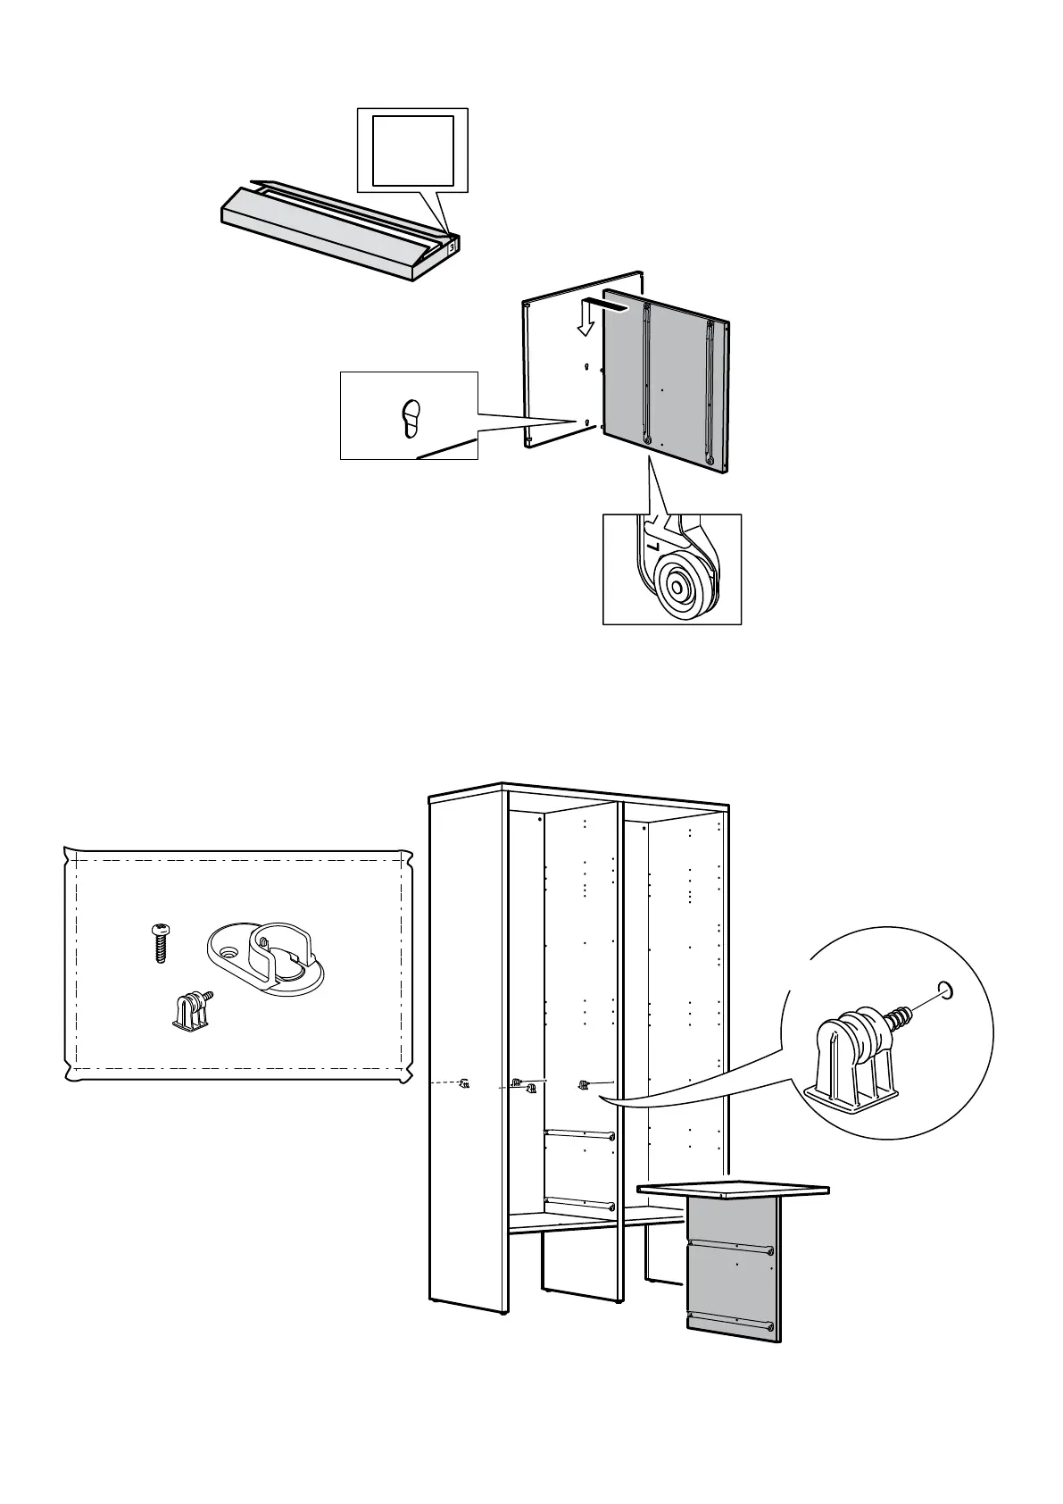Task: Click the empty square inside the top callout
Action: point(412,150)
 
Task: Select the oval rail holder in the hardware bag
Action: point(266,960)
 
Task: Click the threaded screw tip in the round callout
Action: point(902,1015)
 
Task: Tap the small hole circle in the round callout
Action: point(946,990)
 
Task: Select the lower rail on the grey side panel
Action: point(730,1321)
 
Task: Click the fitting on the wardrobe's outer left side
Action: point(463,1084)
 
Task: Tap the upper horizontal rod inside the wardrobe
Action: point(578,1134)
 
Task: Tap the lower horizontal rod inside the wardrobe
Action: point(578,1203)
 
